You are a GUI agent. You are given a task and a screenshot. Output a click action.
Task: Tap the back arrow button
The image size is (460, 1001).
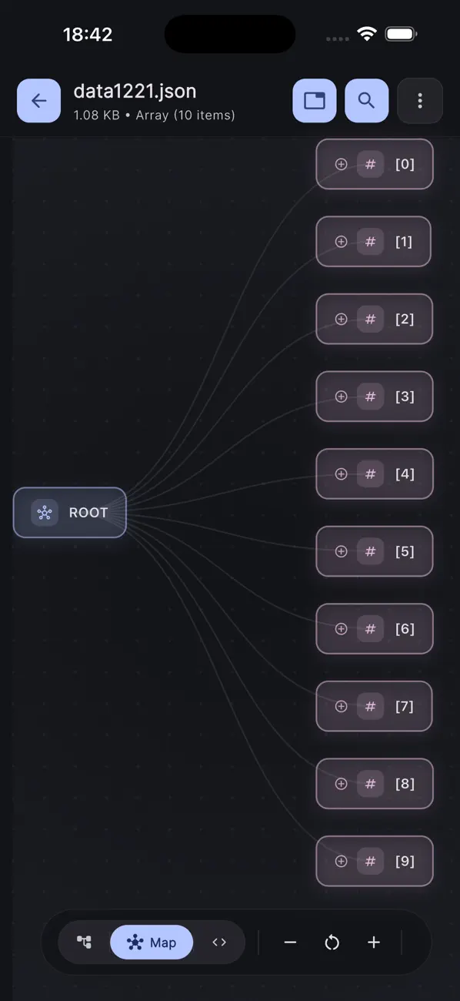pos(38,101)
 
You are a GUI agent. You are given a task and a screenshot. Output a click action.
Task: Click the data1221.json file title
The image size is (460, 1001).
pos(135,91)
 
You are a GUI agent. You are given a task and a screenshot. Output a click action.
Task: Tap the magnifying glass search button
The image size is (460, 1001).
pos(366,101)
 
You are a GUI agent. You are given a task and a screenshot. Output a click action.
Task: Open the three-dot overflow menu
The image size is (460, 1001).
pos(419,101)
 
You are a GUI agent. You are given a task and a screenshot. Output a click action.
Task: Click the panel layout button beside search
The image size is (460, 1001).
pos(314,101)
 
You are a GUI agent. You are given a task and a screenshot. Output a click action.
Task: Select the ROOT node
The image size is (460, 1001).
pos(70,513)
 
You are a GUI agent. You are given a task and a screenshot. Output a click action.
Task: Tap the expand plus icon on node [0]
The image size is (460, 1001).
pos(341,164)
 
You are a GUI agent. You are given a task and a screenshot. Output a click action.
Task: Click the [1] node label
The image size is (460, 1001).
pos(404,242)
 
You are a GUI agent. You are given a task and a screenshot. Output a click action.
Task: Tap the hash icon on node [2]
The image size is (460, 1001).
pos(370,319)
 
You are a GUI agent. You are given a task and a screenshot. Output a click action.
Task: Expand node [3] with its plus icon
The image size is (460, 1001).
pos(341,397)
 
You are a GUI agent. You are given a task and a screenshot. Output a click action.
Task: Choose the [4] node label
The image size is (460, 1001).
pos(405,474)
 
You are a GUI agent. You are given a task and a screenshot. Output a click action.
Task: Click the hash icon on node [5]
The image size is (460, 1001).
pos(370,551)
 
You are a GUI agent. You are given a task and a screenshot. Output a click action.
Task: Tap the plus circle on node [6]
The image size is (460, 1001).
pos(341,629)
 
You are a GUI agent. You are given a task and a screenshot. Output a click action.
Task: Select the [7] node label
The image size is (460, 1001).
pos(405,706)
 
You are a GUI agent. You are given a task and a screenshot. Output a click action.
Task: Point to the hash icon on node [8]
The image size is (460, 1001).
pos(370,784)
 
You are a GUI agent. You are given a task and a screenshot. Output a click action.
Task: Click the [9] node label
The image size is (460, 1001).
pos(405,861)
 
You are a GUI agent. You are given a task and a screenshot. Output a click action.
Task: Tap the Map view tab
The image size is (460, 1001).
pos(152,942)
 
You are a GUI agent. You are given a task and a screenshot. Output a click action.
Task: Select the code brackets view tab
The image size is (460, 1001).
pos(219,942)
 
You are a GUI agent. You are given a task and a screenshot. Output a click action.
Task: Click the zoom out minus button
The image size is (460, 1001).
pos(290,942)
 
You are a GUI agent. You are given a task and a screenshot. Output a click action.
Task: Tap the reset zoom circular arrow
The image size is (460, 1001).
pos(332,942)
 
